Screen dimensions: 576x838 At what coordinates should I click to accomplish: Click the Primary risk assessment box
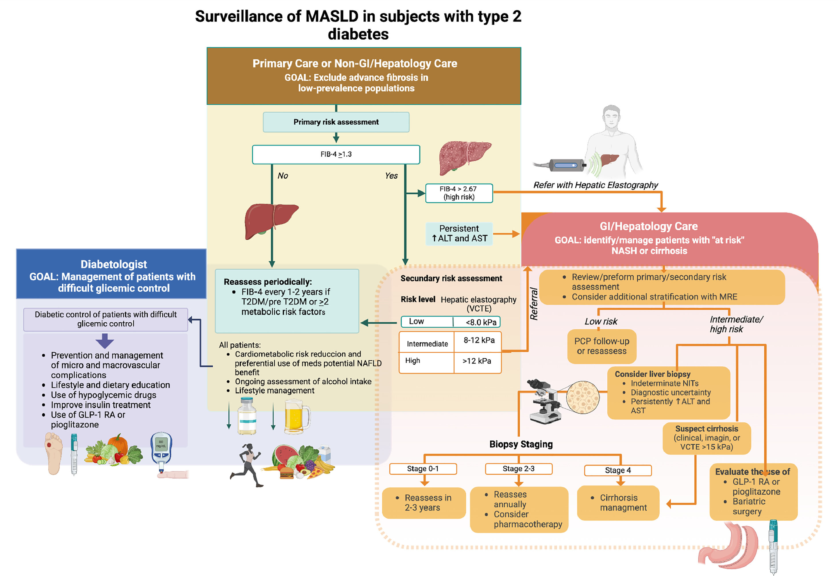(x=336, y=122)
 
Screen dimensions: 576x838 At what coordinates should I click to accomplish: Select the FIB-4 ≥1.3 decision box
(x=336, y=154)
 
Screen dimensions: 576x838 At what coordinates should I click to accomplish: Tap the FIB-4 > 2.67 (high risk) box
(x=459, y=193)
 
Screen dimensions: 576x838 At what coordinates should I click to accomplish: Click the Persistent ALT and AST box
(x=459, y=233)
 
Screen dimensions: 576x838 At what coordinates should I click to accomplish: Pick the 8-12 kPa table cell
(x=479, y=340)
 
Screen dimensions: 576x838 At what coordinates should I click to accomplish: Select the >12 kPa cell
(x=477, y=361)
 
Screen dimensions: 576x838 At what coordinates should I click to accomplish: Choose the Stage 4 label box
(x=618, y=470)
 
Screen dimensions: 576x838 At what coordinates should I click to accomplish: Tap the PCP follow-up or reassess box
(x=602, y=346)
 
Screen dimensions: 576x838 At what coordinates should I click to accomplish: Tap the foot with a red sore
(x=53, y=453)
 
